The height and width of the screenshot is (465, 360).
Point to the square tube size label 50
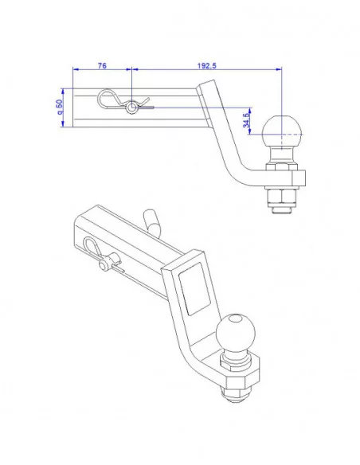[x=61, y=107]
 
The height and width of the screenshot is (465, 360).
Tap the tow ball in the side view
[x=282, y=129]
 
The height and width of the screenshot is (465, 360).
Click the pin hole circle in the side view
[x=131, y=108]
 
